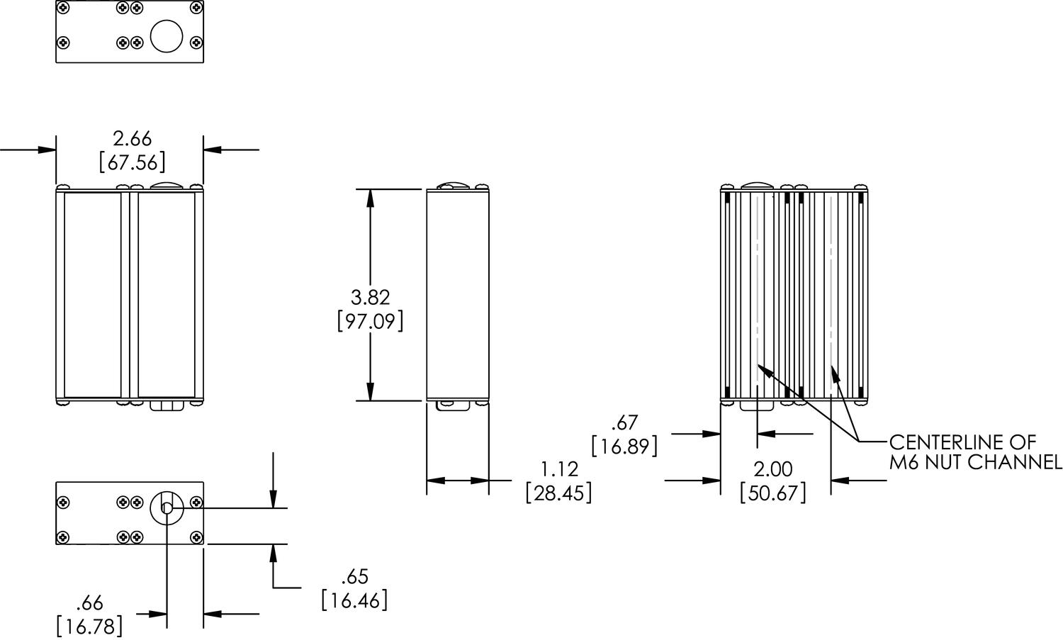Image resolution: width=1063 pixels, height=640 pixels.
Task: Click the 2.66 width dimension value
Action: tap(133, 139)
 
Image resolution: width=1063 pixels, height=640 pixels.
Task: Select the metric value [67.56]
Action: tap(133, 163)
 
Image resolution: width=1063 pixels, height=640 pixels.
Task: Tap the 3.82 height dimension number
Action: tap(370, 298)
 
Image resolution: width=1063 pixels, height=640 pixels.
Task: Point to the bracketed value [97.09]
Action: tap(370, 322)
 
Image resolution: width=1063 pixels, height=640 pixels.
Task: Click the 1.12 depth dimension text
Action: tap(560, 469)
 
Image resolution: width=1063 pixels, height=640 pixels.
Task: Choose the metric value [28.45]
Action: tap(559, 493)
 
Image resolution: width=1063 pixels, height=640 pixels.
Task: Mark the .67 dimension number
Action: tap(624, 422)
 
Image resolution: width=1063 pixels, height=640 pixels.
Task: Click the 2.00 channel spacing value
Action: tap(773, 469)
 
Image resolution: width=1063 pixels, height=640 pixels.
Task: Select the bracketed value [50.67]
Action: tap(773, 493)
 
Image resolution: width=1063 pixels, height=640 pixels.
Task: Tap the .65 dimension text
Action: tap(355, 577)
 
